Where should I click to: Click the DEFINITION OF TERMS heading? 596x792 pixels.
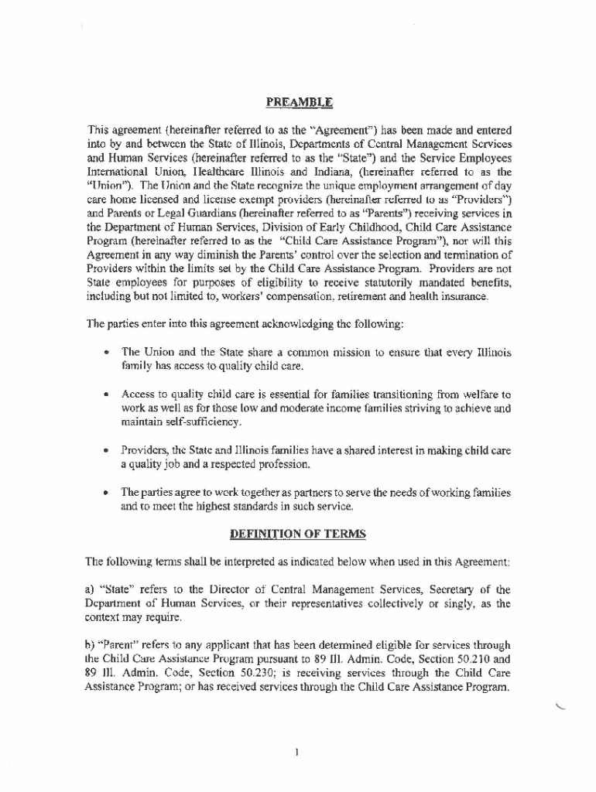(298, 534)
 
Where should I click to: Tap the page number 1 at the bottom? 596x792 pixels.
(297, 751)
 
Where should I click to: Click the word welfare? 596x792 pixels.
(483, 394)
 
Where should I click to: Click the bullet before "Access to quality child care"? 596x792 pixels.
(104, 394)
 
